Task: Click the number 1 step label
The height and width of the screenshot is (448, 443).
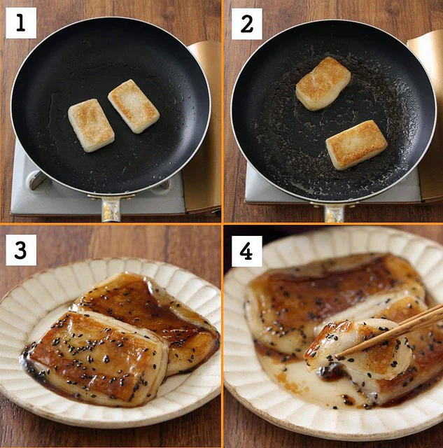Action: point(21,23)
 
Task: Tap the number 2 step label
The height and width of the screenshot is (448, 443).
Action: point(247,24)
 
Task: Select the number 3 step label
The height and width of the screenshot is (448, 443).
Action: point(21,250)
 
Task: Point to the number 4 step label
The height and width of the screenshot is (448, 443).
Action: point(247,251)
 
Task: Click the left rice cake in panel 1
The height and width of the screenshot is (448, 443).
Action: point(91,125)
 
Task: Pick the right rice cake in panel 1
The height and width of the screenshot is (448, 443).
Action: point(134,106)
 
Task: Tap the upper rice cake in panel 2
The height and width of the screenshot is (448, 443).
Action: point(323,83)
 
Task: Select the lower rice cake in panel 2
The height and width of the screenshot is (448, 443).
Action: point(357,145)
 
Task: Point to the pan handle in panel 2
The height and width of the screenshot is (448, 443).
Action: point(335,212)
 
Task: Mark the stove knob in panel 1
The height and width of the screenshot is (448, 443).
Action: point(35,181)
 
